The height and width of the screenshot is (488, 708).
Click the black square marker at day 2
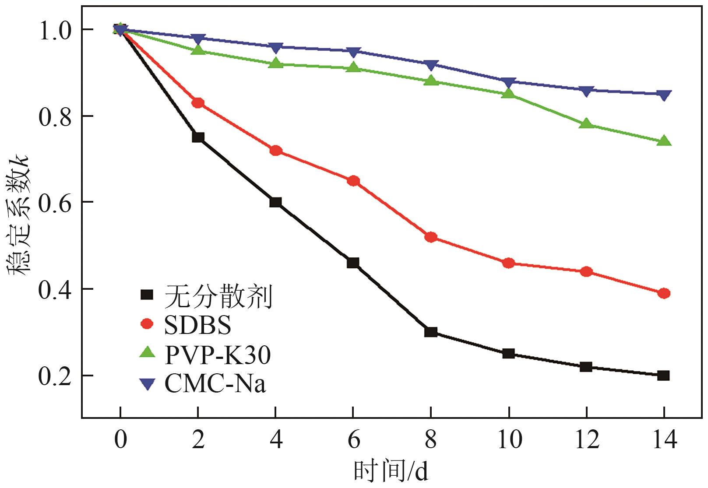click(198, 137)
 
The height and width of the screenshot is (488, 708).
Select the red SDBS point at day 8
click(431, 237)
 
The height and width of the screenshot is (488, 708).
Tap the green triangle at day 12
click(586, 124)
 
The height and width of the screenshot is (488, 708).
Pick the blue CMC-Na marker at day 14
click(664, 95)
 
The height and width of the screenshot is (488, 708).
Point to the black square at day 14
click(664, 376)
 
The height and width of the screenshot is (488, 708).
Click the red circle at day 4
click(276, 151)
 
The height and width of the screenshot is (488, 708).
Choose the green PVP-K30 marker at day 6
click(353, 68)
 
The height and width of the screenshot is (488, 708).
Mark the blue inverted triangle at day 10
click(509, 82)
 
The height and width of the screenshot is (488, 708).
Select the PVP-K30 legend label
click(218, 355)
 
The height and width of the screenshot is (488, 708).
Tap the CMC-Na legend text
click(215, 384)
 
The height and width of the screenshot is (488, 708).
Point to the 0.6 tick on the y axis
click(55, 203)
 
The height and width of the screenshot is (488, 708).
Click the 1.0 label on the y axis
click(55, 30)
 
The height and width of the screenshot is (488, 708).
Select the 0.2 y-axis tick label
click(55, 376)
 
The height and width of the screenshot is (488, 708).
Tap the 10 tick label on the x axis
click(509, 439)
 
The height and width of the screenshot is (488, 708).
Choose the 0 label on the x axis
click(120, 439)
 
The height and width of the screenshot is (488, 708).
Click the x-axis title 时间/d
click(391, 472)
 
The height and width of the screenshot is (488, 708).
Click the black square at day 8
click(431, 332)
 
